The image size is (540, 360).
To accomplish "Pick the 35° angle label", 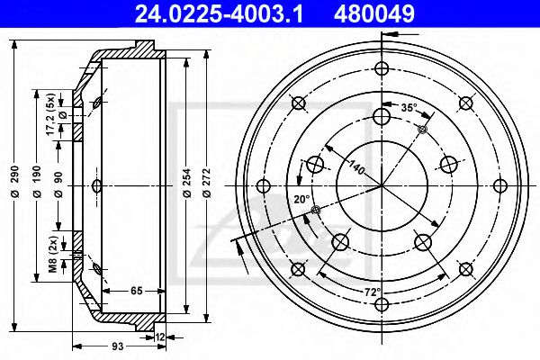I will click(x=409, y=108).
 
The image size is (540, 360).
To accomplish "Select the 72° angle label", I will click(x=373, y=292).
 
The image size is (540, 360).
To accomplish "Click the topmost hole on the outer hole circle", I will click(x=382, y=68).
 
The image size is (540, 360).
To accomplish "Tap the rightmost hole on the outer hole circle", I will click(x=499, y=186).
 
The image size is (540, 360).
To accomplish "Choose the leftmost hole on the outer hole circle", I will click(x=264, y=186).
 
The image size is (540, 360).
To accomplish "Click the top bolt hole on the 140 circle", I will click(x=382, y=114).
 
